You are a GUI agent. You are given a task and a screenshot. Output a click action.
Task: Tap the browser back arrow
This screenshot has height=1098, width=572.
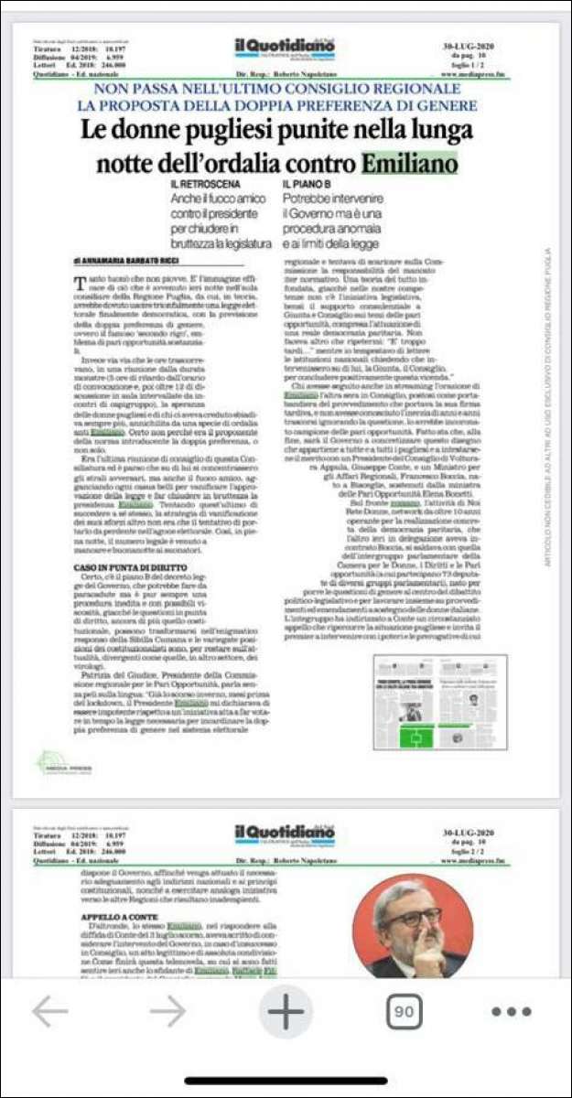(x=50, y=1011)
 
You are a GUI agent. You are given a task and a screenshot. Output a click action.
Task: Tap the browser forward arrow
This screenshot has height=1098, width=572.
(x=167, y=1011)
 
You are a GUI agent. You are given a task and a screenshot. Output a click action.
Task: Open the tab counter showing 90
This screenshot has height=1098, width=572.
(x=404, y=1011)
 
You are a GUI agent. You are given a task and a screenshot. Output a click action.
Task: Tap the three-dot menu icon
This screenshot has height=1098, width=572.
(x=512, y=1012)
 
